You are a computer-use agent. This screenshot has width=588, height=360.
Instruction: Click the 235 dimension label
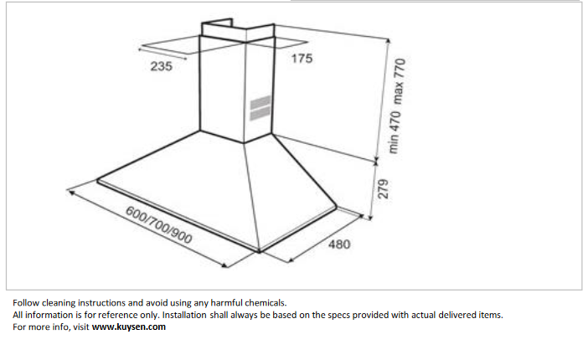pyautogui.click(x=162, y=66)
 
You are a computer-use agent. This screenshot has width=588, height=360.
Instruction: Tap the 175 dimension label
pyautogui.click(x=302, y=59)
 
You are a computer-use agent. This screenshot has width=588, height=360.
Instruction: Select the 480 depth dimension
pyautogui.click(x=339, y=244)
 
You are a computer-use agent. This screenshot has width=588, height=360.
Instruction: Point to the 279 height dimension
pyautogui.click(x=383, y=188)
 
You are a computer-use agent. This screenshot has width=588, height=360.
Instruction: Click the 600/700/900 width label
pyautogui.click(x=158, y=225)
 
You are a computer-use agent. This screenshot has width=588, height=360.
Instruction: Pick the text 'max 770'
pyautogui.click(x=399, y=81)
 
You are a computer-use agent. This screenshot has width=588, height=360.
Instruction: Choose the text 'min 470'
pyautogui.click(x=394, y=132)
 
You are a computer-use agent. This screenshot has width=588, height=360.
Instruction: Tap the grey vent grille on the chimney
pyautogui.click(x=260, y=108)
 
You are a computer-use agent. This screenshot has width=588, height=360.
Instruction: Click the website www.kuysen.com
pyautogui.click(x=129, y=327)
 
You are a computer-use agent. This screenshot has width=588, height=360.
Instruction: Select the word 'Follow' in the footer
pyautogui.click(x=26, y=302)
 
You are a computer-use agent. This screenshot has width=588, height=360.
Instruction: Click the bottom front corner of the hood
pyautogui.click(x=259, y=250)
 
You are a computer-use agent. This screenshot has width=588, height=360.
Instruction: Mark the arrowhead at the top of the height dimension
pyautogui.click(x=388, y=40)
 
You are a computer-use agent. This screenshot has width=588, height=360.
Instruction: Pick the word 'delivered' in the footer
pyautogui.click(x=457, y=315)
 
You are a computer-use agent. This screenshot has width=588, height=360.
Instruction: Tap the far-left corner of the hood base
pyautogui.click(x=98, y=180)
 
